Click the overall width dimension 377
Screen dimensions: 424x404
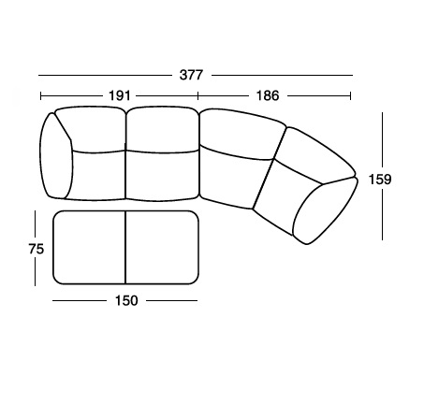point(191,75)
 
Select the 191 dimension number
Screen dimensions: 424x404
point(120,95)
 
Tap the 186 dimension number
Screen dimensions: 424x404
point(268,95)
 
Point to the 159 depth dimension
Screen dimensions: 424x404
point(380,180)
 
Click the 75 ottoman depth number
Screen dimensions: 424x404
point(37,249)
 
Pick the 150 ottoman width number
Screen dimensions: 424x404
point(126,300)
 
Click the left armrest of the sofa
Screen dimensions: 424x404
point(56,156)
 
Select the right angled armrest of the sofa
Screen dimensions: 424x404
point(325,211)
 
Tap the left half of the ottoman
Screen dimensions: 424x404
point(89,248)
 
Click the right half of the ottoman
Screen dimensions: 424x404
point(162,248)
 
